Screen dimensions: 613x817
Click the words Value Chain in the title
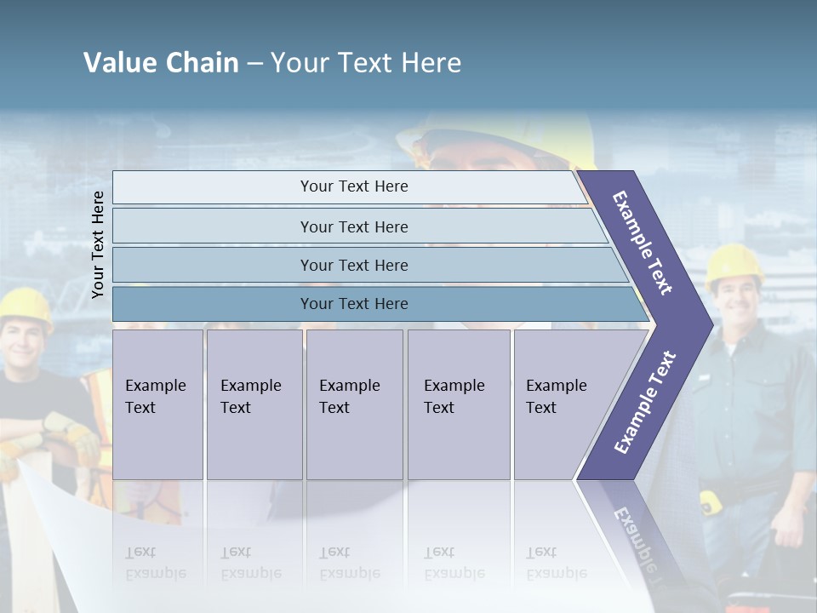point(161,63)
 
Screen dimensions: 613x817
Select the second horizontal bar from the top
point(354,226)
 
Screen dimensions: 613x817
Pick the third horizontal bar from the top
point(354,265)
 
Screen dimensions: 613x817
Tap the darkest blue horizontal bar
point(354,304)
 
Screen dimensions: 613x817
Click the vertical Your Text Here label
point(98,244)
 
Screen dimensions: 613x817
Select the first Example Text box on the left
point(157,404)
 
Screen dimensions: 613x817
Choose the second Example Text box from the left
point(254,404)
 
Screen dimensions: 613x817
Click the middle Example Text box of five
point(354,404)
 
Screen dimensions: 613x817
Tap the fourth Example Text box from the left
point(459,404)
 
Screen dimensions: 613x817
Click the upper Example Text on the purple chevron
point(643,243)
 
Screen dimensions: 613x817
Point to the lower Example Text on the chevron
point(645,402)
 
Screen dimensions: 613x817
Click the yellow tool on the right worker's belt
point(711,502)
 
